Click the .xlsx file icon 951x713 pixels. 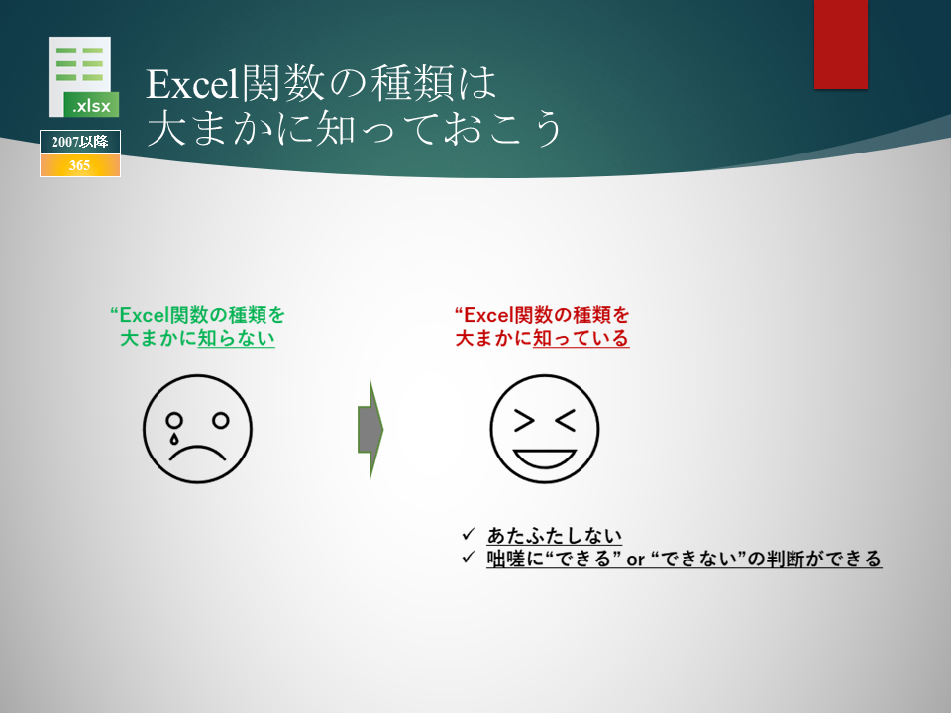[83, 76]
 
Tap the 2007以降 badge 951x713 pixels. [80, 142]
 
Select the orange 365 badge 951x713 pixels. [80, 165]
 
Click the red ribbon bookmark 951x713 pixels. [841, 45]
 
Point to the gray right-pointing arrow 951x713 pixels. [370, 429]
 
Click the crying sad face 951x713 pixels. [198, 429]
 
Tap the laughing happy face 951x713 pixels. [545, 429]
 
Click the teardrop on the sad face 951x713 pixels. [174, 437]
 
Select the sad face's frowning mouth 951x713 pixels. [198, 453]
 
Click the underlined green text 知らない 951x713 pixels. [237, 338]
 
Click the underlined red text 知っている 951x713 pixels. [581, 338]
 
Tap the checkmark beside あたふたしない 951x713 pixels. [469, 534]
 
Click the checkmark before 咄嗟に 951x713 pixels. [469, 558]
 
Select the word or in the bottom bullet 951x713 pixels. [635, 559]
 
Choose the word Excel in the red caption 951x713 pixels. [488, 315]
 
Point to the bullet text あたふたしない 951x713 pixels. [555, 536]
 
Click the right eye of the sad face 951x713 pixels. [221, 420]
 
